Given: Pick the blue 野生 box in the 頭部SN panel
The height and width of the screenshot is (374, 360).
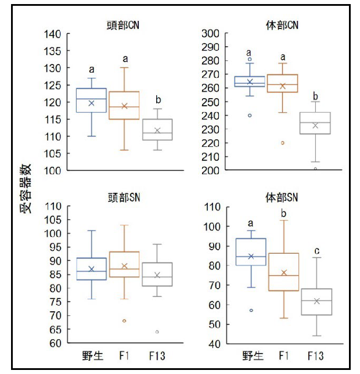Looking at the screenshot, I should coord(91,269).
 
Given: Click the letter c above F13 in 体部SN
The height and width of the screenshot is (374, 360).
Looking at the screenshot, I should coord(316,251).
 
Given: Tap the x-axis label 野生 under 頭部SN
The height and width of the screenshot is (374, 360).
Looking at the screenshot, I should coord(91,355).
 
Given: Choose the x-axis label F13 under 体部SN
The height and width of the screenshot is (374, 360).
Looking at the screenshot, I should coord(315,355).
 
